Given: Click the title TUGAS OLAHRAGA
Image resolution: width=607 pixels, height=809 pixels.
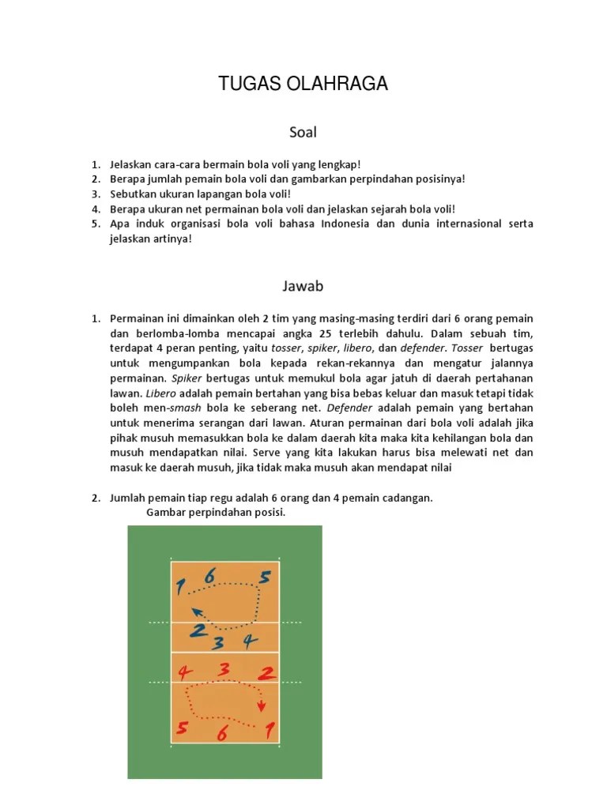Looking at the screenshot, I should coord(303,84).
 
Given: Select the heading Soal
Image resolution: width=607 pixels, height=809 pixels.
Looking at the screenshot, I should coord(303,132).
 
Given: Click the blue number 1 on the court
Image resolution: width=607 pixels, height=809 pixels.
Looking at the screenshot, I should coord(180,586).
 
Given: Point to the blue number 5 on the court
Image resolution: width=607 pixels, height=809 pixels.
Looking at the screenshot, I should coord(264,578).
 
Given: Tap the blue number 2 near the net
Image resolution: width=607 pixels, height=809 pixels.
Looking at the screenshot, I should coord(198,630).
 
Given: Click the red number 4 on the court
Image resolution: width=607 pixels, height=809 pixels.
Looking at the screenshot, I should coord(185,673).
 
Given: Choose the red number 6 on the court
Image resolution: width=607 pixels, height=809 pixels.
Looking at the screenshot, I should coord(222,734).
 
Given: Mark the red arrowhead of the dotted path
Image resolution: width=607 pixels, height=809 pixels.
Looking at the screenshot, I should coord(261,706).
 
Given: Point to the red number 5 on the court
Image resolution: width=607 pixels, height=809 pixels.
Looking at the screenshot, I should coord(183,728).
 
